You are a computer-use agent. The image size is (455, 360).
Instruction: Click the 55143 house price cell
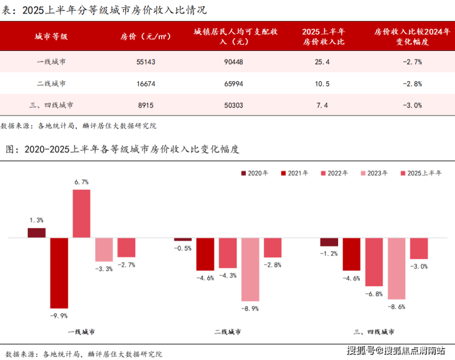pos(145,62)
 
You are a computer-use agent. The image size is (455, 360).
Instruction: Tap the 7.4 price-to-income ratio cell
pos(322,105)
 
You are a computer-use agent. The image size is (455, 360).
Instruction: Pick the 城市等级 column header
pos(51,36)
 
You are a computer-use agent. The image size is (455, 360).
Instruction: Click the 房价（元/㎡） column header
pos(145,36)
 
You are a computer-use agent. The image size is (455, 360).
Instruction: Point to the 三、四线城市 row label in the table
pos(51,105)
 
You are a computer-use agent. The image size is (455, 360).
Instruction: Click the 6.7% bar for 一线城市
pos(81,213)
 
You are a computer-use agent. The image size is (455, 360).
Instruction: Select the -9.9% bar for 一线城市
pos(59,272)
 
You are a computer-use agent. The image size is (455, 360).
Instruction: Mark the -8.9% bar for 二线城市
pos(250,268)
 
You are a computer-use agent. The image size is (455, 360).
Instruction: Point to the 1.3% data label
pos(36,220)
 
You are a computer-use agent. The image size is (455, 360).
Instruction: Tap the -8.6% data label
pos(397,306)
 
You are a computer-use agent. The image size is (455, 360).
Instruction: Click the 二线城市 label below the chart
pos(228,332)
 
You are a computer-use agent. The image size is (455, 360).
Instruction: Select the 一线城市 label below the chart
pos(81,332)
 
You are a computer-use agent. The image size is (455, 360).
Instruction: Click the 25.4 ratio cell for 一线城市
pos(322,62)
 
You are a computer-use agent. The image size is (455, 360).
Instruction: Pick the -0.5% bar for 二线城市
pos(183,239)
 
